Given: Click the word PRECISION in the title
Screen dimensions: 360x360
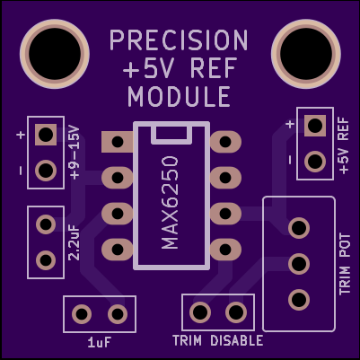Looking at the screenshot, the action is pos(179,40).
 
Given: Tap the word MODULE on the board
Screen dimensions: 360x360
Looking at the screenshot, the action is pos(179,96).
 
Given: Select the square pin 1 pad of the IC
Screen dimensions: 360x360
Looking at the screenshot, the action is pos(117,142).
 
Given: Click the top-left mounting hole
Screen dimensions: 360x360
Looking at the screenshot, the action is pos(55,54).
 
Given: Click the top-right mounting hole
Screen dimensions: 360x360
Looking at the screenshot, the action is pos(306,54).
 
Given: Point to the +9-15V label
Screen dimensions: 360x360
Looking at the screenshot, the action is pos(75,153).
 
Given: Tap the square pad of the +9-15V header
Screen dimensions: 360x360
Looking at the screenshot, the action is pos(46,135).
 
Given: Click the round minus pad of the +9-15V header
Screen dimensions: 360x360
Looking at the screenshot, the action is pos(46,171).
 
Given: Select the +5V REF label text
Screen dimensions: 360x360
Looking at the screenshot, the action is pos(344,145).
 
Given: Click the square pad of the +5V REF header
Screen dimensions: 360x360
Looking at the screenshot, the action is pos(315,126).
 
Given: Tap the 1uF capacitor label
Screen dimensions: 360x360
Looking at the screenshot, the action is pos(100,343).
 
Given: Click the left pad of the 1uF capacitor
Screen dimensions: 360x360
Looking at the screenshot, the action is pos(82,314).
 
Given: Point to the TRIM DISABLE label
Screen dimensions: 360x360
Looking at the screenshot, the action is pos(218,341).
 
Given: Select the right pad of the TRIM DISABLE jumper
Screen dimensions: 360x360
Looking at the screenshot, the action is pos(236,312).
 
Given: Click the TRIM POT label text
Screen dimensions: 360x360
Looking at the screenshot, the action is pos(345,264).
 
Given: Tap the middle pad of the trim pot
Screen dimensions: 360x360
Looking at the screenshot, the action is pos(299,264).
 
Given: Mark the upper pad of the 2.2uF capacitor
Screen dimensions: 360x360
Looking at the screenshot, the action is pos(46,224).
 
